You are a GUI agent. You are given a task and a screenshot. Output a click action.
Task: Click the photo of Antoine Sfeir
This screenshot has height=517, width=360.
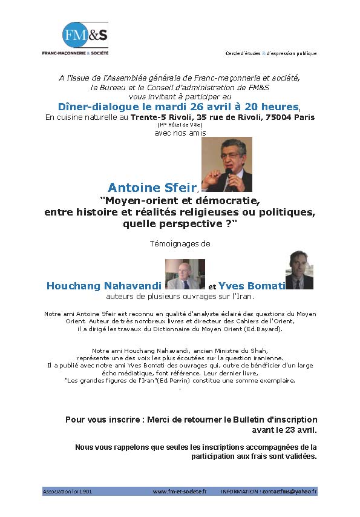226,164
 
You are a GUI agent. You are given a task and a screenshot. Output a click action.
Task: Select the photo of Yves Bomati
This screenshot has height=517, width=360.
299,270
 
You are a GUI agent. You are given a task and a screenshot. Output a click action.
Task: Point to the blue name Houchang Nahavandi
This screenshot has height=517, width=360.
103,286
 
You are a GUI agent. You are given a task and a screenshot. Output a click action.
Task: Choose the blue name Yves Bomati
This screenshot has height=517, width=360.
252,286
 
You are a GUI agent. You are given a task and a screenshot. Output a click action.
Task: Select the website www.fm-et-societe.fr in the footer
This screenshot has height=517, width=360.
179,492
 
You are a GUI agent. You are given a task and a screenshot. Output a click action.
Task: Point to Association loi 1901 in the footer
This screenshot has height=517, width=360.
67,492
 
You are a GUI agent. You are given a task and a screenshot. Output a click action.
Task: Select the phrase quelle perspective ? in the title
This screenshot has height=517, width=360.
180,223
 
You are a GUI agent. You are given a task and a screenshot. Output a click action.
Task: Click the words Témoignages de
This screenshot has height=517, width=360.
179,243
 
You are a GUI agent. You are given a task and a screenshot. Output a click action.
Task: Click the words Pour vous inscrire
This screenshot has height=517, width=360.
97,420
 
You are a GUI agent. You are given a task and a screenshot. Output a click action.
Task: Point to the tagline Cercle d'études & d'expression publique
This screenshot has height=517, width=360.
270,53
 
